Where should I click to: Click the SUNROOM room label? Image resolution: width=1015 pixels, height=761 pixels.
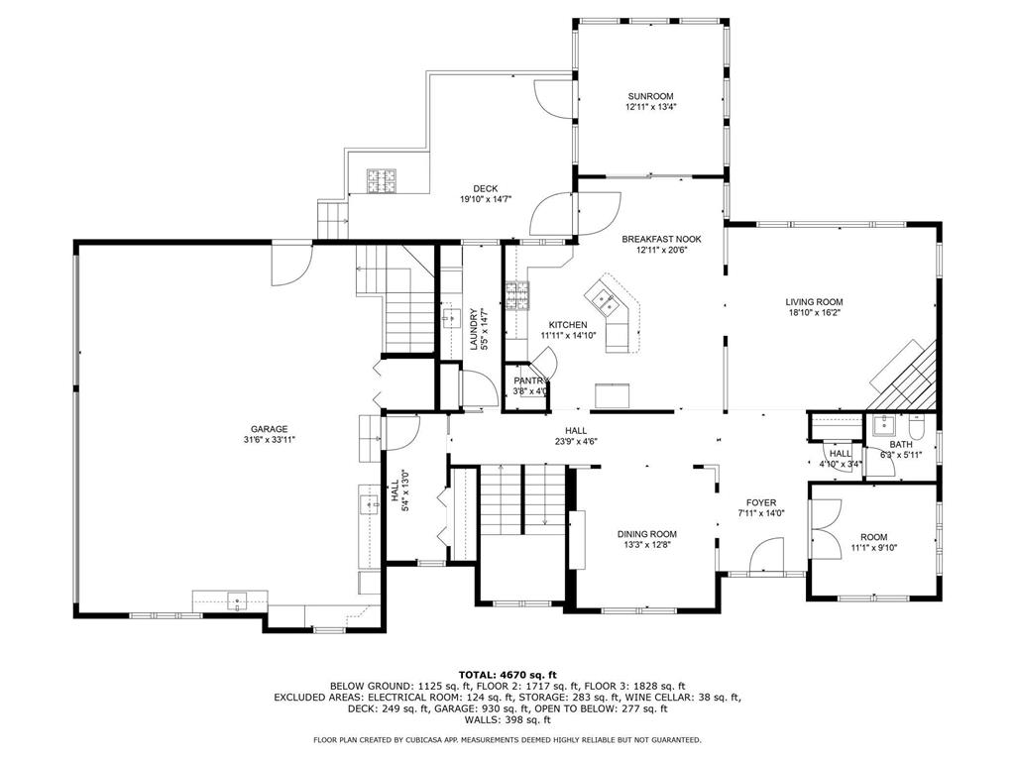(650, 96)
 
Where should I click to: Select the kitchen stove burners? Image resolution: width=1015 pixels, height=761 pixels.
(517, 295)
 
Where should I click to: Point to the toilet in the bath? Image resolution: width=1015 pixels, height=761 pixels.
(917, 426)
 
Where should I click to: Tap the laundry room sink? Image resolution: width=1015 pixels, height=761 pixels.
(451, 318)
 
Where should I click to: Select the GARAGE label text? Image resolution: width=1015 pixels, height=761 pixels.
(270, 429)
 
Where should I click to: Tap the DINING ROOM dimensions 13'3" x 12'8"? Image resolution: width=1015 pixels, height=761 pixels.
(646, 544)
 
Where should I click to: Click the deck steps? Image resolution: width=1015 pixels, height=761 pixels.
(333, 220)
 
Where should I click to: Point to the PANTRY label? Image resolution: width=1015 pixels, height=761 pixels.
(531, 380)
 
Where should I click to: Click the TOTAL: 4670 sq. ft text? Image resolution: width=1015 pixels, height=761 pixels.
(507, 674)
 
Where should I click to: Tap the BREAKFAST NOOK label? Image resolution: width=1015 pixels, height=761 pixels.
(661, 239)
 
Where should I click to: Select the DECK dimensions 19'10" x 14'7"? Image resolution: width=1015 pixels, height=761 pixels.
(486, 199)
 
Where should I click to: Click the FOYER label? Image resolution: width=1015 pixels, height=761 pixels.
(760, 502)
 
